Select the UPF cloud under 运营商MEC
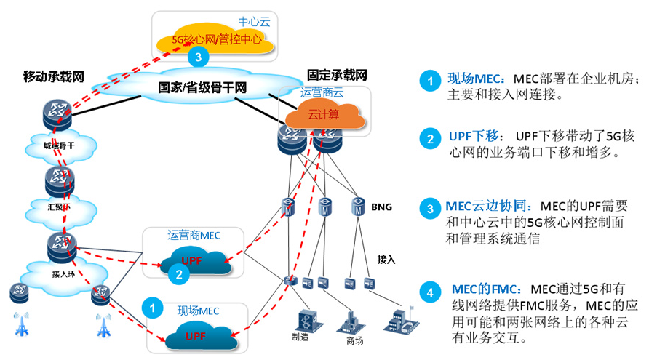tap(194, 260)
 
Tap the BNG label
tap(381, 207)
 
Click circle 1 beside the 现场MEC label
tap(152, 308)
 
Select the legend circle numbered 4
tap(429, 293)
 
